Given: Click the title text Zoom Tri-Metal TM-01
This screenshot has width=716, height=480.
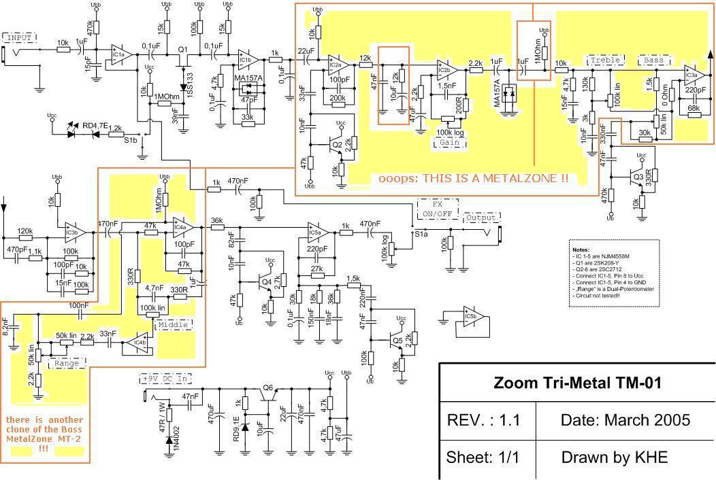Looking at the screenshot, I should (x=577, y=383).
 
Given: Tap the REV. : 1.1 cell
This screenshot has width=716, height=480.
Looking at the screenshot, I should (x=483, y=420).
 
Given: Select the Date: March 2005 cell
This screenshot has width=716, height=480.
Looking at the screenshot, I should (x=625, y=420).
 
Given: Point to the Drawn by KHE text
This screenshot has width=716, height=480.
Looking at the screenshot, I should (x=614, y=458).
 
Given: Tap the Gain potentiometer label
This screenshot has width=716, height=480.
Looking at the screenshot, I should (x=447, y=143).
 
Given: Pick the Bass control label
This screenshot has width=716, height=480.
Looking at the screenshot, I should (x=653, y=61).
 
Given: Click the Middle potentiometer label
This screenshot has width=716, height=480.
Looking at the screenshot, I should (x=174, y=325).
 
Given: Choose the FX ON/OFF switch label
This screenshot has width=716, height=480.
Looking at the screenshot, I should (x=437, y=208).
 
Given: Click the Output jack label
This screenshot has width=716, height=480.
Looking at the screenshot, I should (x=481, y=218).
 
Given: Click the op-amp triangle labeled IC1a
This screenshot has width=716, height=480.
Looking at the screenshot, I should (x=120, y=54).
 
